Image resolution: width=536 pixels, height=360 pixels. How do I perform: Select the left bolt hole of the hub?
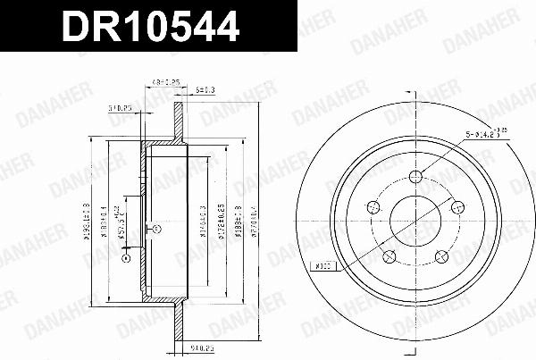tap(371, 209)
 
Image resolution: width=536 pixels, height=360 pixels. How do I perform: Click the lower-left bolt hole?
tap(389, 257)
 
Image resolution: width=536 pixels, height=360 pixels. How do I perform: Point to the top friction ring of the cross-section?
tap(178, 121)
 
